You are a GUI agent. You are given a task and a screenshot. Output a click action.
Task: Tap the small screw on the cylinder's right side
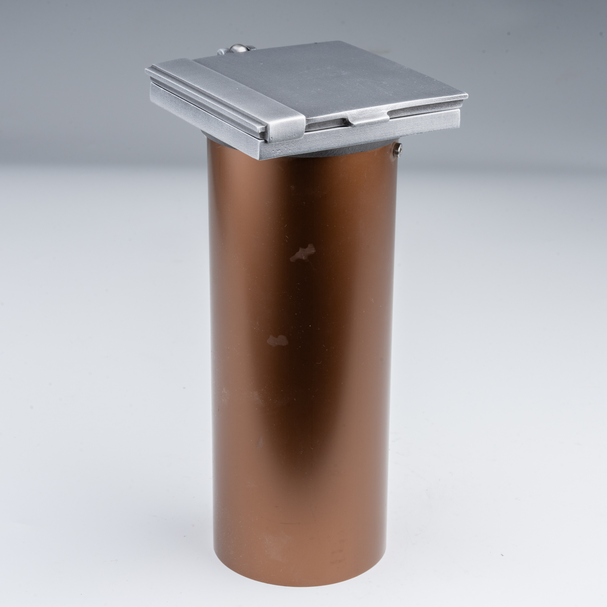tap(398, 150)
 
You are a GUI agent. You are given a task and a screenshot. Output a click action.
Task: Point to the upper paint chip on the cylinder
tap(303, 251)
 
